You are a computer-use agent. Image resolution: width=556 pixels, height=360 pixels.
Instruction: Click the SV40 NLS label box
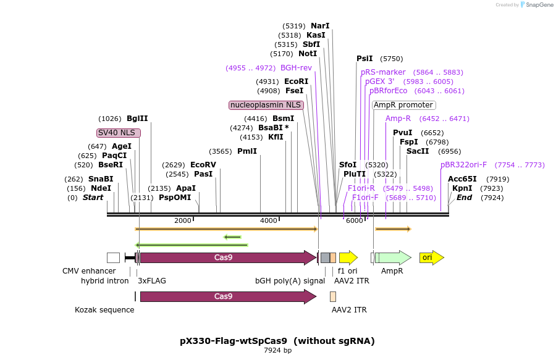coord(119,133)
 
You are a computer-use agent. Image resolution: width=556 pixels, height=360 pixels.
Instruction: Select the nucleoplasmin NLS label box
coord(266,105)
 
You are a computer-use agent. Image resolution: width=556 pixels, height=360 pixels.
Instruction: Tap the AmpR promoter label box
coord(403,105)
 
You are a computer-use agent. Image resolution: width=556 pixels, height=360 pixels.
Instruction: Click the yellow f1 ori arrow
coord(348,257)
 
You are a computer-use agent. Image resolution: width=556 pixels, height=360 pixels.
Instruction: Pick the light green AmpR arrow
coord(394,257)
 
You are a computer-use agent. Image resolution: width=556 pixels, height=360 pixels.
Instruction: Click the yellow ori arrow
coord(431,257)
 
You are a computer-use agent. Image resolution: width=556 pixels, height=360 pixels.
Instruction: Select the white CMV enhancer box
coord(113,257)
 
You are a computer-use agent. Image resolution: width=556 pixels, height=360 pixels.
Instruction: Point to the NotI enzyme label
coord(307,54)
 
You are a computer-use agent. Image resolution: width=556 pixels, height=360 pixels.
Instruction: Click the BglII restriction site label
coord(137,119)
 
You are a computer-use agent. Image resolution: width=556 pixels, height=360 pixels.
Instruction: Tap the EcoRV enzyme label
coord(203,165)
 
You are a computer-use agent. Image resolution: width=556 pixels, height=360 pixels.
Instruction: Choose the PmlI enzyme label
coord(247,151)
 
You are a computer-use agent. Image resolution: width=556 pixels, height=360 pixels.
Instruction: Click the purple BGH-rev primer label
coord(296,68)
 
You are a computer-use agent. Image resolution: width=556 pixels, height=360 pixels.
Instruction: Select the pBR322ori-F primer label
coord(463,165)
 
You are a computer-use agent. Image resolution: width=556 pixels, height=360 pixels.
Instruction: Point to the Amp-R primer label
coord(398,119)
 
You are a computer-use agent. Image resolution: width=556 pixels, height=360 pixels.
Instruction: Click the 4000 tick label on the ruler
coord(269,220)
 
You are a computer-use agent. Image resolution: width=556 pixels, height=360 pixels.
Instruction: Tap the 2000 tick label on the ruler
coord(183,220)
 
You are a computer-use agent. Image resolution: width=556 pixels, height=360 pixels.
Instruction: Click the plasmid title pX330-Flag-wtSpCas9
coord(277,341)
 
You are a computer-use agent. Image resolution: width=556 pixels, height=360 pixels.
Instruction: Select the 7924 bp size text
coord(277,351)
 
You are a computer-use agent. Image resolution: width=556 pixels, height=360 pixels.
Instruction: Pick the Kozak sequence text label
coord(104,309)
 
